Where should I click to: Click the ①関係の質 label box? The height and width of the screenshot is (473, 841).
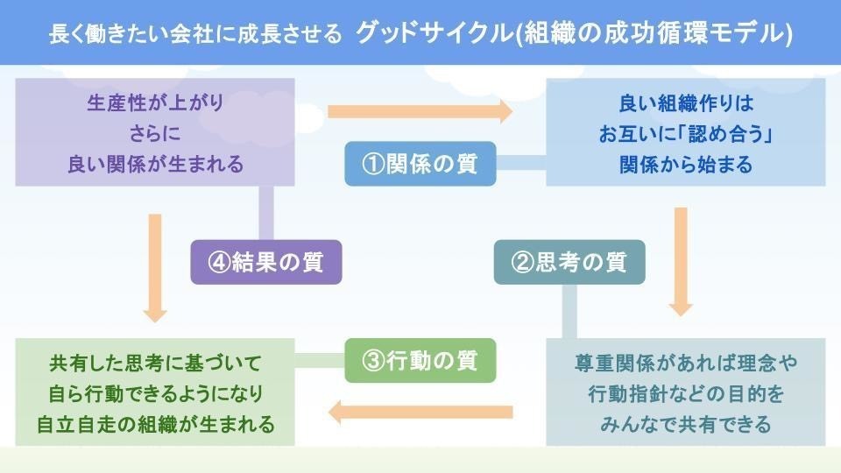(420, 164)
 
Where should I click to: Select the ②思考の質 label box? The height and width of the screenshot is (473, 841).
(570, 262)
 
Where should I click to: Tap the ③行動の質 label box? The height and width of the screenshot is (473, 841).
(420, 361)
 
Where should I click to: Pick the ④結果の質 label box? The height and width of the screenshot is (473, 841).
(265, 262)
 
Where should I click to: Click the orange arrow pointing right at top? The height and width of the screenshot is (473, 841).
(420, 111)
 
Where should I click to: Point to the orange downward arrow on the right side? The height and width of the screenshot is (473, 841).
(681, 260)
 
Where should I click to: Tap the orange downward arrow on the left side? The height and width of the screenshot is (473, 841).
(156, 266)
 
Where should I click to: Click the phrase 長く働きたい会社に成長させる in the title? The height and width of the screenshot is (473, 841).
(194, 34)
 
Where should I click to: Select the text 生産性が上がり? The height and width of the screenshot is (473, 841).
(156, 103)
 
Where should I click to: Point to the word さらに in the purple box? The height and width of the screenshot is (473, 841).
(156, 133)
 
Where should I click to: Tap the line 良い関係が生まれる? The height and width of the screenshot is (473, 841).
(156, 163)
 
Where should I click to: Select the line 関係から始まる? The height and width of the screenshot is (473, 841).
(686, 164)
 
